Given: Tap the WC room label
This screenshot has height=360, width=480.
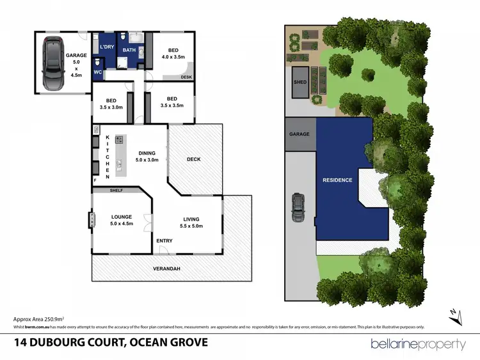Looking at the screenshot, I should (x=98, y=72).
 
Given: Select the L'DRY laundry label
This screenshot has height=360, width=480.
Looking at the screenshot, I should (x=106, y=47).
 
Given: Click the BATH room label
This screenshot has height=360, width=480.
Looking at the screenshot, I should (x=129, y=50).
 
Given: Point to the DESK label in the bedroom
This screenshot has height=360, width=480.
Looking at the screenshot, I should (x=187, y=77).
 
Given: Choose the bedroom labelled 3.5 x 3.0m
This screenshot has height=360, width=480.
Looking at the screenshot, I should (x=111, y=103).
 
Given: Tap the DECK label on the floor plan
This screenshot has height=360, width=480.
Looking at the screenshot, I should (x=195, y=159).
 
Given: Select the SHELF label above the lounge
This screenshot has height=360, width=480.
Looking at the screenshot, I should (x=116, y=191).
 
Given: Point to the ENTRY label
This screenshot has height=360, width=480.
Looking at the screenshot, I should (x=164, y=240).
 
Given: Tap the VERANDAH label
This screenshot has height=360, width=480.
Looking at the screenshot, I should (x=166, y=269).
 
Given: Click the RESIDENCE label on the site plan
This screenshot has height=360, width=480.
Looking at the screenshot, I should (x=337, y=180).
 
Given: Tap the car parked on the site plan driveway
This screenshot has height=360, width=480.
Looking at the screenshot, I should (x=298, y=207).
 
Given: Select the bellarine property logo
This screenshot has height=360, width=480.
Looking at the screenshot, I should (x=419, y=344).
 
